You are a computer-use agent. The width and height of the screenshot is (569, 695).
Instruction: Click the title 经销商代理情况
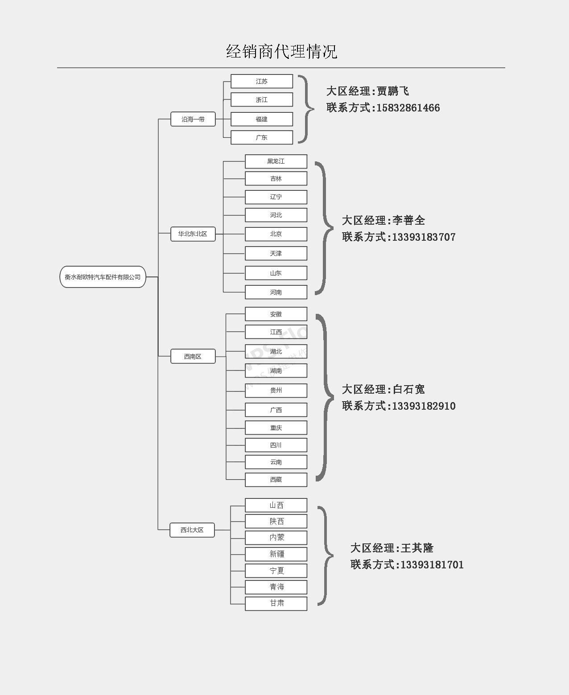tap(281, 52)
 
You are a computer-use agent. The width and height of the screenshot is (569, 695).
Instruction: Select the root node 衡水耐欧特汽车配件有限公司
tap(103, 277)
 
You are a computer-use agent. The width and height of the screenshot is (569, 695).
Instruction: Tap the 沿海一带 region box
tap(193, 119)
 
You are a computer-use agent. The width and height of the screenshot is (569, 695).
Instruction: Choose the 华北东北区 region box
tap(193, 234)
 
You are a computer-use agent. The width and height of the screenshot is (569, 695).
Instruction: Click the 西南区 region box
tap(193, 356)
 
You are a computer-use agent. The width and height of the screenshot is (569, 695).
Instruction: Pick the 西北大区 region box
tap(192, 530)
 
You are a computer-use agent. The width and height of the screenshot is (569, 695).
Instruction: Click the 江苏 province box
tap(262, 81)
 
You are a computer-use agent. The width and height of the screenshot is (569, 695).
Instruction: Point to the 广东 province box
tap(262, 137)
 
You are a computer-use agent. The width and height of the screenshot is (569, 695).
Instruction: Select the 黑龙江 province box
tap(276, 161)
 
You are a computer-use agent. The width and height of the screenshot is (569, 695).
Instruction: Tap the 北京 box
tap(276, 234)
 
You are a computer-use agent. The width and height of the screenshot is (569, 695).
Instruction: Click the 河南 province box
tap(276, 292)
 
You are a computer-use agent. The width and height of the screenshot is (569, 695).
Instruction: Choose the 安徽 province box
tap(276, 314)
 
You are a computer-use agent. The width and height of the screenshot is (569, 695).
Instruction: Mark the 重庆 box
tap(276, 428)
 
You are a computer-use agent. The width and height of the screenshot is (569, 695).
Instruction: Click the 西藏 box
tap(276, 480)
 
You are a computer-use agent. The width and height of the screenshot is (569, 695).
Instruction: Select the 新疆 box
tap(276, 554)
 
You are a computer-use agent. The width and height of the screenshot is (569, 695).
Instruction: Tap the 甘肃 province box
tap(276, 603)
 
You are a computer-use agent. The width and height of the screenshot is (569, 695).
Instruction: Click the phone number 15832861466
tap(408, 108)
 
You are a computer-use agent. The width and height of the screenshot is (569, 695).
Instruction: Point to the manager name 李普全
tap(409, 220)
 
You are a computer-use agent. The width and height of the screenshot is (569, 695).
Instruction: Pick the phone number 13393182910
tap(424, 406)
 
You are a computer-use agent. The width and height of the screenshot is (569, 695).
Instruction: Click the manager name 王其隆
tap(417, 548)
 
